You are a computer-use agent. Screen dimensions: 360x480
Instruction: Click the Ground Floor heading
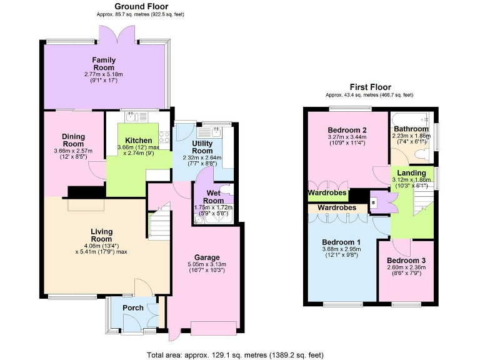[141, 6]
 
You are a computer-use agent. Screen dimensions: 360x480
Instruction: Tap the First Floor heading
[369, 87]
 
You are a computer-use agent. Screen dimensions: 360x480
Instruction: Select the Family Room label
[104, 64]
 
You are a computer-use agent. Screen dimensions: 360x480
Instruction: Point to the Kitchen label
[138, 140]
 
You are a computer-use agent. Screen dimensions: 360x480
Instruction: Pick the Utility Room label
[202, 147]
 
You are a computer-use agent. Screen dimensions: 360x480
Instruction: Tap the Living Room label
[101, 236]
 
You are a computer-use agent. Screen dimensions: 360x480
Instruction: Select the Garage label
[206, 257]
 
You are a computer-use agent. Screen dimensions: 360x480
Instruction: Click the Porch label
[133, 307]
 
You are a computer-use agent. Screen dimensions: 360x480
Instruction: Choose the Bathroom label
[411, 129]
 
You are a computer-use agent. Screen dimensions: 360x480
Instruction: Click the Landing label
[412, 172]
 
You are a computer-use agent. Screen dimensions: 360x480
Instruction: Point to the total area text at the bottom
[235, 354]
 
